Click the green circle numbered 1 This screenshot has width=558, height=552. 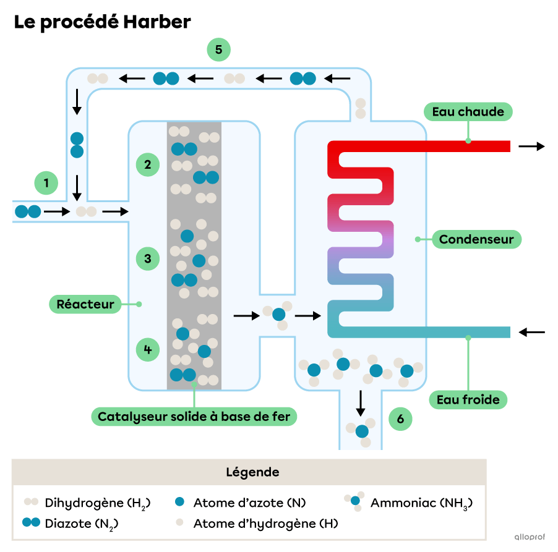point(46,183)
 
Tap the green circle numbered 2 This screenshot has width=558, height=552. point(148,164)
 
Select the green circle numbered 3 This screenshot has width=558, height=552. point(148,258)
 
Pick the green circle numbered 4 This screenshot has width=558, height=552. point(148,350)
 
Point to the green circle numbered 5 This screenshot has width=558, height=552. point(219,49)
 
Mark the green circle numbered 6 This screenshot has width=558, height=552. point(400,419)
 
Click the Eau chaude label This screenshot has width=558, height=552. point(468,112)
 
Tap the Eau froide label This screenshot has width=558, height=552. point(468,400)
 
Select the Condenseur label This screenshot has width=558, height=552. point(476,239)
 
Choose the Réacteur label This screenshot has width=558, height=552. point(85,304)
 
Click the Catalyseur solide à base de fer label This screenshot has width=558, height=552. point(194,417)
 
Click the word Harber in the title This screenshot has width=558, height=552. point(157,22)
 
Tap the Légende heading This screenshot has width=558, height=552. point(252,472)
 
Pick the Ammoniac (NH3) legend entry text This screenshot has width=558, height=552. point(422,503)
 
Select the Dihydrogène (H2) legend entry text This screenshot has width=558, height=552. point(98,503)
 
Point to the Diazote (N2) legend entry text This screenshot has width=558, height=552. point(82,524)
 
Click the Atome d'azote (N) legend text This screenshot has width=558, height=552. point(250,503)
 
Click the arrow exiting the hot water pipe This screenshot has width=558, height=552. point(531,146)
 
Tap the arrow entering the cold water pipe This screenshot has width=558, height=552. point(531,332)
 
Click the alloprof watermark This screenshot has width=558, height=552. point(530,537)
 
